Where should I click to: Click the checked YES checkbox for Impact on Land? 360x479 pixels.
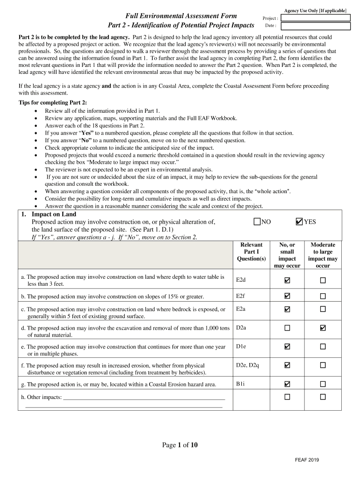tap(299, 222)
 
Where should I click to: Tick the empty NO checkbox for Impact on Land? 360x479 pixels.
tap(257, 222)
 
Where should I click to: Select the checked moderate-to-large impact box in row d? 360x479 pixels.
tap(323, 328)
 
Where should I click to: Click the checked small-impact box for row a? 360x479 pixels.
tap(287, 280)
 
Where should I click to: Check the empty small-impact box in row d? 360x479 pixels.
tap(287, 328)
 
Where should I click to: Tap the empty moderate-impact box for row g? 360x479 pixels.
tap(323, 384)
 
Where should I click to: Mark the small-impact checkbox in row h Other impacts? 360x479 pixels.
tap(287, 397)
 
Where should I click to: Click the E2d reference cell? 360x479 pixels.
tap(241, 280)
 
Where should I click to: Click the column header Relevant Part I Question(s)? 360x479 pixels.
tap(251, 252)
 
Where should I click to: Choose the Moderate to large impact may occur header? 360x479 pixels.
tap(323, 255)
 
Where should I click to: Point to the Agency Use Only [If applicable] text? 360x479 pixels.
tap(315, 10)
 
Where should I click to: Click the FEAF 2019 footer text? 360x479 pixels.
tap(307, 460)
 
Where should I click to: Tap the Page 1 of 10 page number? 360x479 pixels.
tap(180, 445)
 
